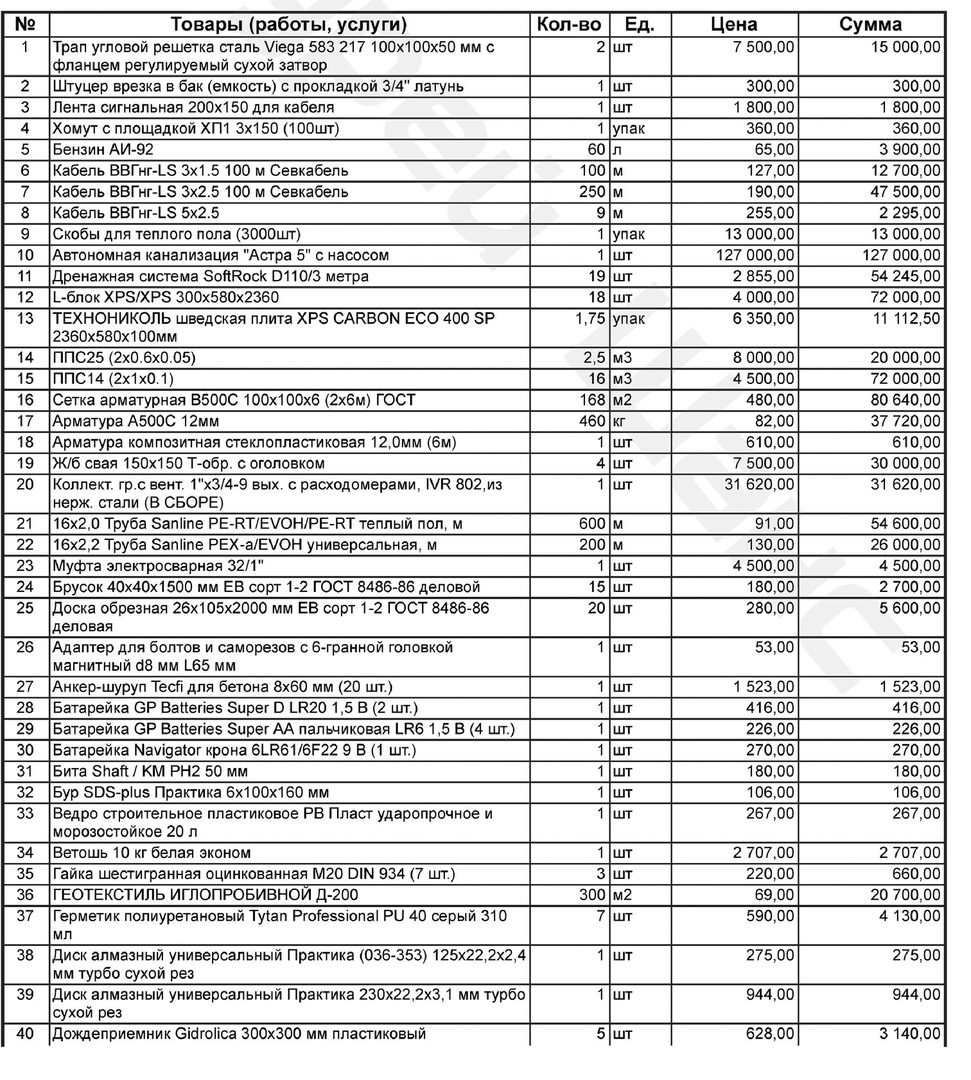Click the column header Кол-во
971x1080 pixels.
568,24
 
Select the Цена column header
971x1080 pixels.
734,24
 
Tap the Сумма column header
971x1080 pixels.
870,24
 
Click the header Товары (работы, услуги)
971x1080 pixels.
289,24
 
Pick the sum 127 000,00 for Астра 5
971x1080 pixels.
901,255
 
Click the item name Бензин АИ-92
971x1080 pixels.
103,150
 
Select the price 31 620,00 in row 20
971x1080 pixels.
759,484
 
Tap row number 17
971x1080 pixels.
25,421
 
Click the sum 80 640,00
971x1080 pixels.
905,400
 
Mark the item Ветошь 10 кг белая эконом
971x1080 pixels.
152,853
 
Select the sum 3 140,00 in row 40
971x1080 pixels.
910,1034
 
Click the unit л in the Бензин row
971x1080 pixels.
617,150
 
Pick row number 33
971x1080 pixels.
25,814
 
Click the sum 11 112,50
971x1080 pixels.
906,318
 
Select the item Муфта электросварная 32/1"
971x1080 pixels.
158,566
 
